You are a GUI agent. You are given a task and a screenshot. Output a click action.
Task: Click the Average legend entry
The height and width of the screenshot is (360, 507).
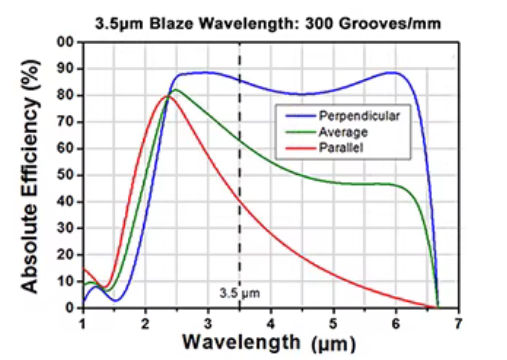[x=342, y=131]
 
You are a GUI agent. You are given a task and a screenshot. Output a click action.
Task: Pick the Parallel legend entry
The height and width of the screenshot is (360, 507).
[x=340, y=146]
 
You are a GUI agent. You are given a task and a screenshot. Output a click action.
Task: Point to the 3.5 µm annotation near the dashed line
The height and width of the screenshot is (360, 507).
[x=237, y=294]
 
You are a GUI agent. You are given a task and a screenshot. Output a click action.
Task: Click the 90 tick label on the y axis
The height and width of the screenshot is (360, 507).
[x=66, y=69]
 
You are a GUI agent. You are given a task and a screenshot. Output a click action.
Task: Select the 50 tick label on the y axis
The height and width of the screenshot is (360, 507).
[x=66, y=175]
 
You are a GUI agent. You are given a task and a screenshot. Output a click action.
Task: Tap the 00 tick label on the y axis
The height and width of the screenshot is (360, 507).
[x=66, y=42]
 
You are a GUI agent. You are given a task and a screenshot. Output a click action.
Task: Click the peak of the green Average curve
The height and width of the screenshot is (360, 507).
[x=176, y=90]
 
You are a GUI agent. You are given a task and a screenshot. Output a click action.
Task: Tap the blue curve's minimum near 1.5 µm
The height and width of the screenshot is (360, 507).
[x=116, y=300]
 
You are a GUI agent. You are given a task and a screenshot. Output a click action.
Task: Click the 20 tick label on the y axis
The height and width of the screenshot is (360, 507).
[x=66, y=254]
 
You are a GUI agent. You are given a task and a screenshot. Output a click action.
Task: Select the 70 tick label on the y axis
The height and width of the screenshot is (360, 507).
[x=66, y=122]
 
